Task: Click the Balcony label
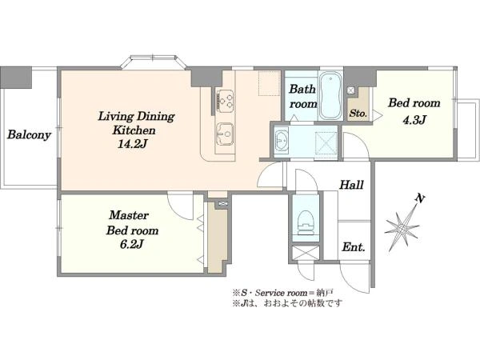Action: click(x=29, y=135)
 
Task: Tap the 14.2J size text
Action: click(x=133, y=144)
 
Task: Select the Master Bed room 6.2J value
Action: click(x=132, y=244)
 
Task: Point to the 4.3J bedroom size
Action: click(x=414, y=120)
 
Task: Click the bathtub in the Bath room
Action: click(x=330, y=96)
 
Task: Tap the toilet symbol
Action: click(x=306, y=222)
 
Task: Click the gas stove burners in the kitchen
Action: click(x=225, y=100)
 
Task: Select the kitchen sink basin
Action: click(x=225, y=134)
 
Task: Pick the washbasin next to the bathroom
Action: click(x=282, y=141)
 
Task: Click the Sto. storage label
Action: click(x=358, y=114)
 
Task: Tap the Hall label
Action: click(x=352, y=185)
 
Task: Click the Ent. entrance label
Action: click(x=354, y=246)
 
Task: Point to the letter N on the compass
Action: click(x=420, y=199)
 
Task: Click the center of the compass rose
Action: click(x=402, y=229)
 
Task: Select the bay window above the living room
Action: click(x=153, y=62)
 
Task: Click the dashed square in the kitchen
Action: click(x=270, y=83)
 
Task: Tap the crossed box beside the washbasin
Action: click(x=326, y=142)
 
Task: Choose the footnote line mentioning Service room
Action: click(x=282, y=293)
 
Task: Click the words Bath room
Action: click(x=302, y=97)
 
